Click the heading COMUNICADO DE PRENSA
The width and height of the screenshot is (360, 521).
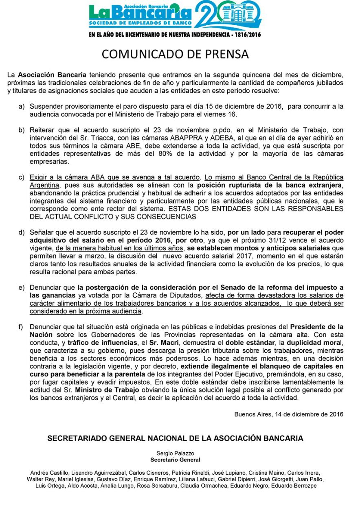click(175, 54)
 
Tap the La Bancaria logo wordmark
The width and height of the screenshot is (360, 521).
click(140, 15)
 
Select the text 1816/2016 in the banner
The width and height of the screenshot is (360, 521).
click(246, 35)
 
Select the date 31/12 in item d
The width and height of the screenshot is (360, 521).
click(279, 240)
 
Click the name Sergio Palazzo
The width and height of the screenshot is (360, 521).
click(175, 453)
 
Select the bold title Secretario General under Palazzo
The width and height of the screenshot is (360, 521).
click(175, 460)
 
